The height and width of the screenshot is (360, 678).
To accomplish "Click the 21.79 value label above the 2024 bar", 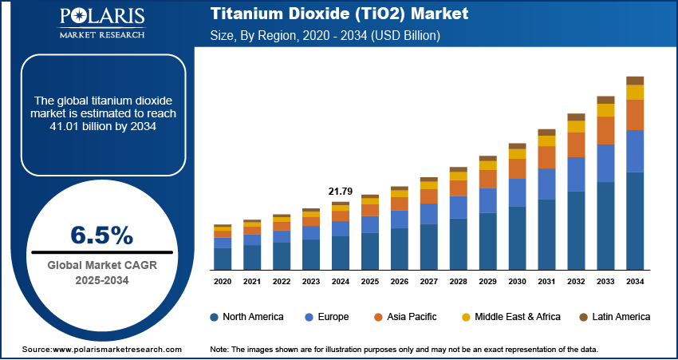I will (x=341, y=192).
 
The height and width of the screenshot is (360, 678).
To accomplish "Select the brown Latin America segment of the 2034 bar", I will (x=635, y=81).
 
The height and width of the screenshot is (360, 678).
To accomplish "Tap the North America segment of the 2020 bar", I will (x=223, y=259).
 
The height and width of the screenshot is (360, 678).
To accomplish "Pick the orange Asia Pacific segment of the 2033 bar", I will (x=606, y=130).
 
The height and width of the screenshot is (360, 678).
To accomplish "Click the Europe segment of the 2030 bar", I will (x=518, y=192).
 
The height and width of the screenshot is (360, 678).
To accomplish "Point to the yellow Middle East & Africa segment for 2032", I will (x=577, y=126).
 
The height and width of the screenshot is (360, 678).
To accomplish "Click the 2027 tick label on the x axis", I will (x=428, y=282).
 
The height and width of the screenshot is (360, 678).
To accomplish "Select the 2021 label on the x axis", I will (x=252, y=282).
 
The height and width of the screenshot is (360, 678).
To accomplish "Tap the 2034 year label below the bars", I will (x=635, y=282).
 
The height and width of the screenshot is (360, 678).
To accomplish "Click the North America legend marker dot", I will (x=215, y=317).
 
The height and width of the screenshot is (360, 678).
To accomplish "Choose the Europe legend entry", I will (x=332, y=317).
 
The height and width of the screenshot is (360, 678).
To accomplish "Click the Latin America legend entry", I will (x=617, y=317).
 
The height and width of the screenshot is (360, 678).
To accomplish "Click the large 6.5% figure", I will (x=101, y=235).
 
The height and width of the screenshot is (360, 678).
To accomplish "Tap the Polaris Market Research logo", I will (x=101, y=22).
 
